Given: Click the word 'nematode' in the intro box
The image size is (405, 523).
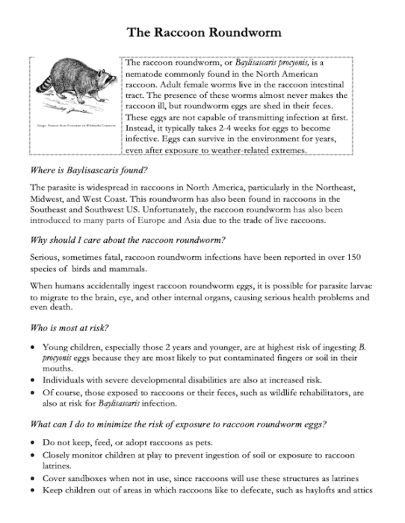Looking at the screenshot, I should [x=149, y=76].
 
